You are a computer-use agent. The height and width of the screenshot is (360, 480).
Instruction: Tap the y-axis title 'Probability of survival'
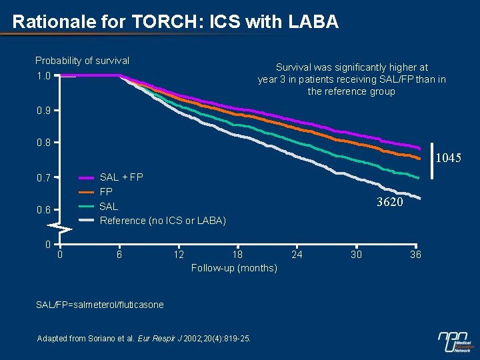pyautogui.click(x=82, y=61)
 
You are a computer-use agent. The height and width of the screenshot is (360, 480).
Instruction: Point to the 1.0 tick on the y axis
pyautogui.click(x=43, y=75)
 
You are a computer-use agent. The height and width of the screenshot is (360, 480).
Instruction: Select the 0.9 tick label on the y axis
pyautogui.click(x=43, y=110)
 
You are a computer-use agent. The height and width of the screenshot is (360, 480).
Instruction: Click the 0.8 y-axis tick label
pyautogui.click(x=43, y=143)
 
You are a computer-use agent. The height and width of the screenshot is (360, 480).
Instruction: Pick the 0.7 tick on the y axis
pyautogui.click(x=43, y=178)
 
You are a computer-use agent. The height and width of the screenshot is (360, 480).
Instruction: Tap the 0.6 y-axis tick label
pyautogui.click(x=43, y=210)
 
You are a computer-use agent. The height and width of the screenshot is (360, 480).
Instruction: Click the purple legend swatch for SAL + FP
pyautogui.click(x=87, y=178)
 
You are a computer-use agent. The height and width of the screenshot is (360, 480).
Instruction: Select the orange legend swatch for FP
pyautogui.click(x=87, y=192)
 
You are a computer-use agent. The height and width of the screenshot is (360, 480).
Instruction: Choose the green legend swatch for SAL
pyautogui.click(x=87, y=207)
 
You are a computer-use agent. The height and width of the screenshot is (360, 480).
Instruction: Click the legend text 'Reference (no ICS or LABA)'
pyautogui.click(x=163, y=221)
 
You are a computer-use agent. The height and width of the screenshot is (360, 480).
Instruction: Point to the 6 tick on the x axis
pyautogui.click(x=119, y=254)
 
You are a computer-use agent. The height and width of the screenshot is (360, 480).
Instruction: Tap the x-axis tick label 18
pyautogui.click(x=237, y=254)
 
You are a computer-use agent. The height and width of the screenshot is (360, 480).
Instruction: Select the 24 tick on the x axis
pyautogui.click(x=297, y=254)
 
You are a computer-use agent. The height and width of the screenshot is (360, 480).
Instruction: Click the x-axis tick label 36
pyautogui.click(x=415, y=254)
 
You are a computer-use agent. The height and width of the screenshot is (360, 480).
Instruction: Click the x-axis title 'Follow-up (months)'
pyautogui.click(x=234, y=268)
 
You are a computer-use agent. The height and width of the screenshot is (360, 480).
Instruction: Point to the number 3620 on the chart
pyautogui.click(x=389, y=202)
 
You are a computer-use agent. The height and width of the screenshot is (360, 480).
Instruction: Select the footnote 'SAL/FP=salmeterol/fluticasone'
pyautogui.click(x=99, y=305)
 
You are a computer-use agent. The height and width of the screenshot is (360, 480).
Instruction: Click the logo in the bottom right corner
pyautogui.click(x=455, y=341)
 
